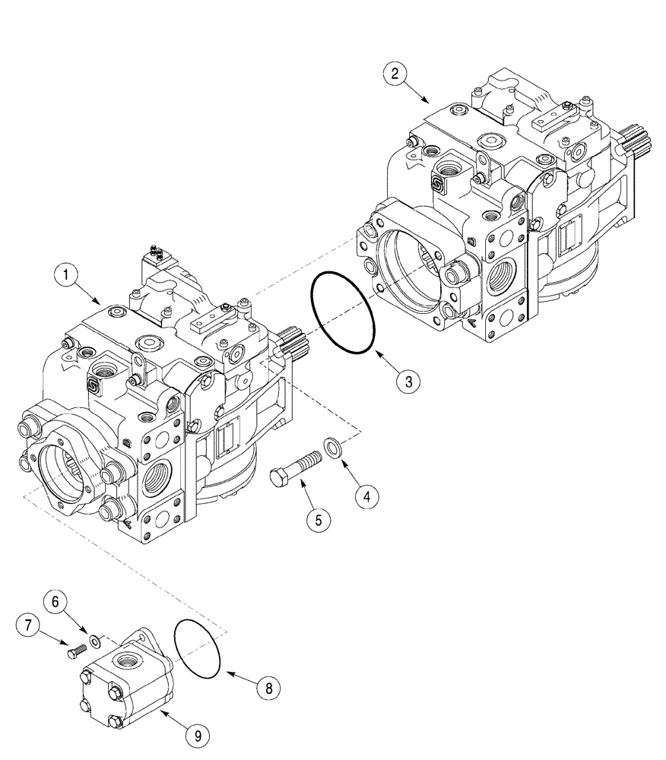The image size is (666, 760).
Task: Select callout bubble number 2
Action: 393,74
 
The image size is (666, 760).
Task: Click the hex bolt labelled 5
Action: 297,467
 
